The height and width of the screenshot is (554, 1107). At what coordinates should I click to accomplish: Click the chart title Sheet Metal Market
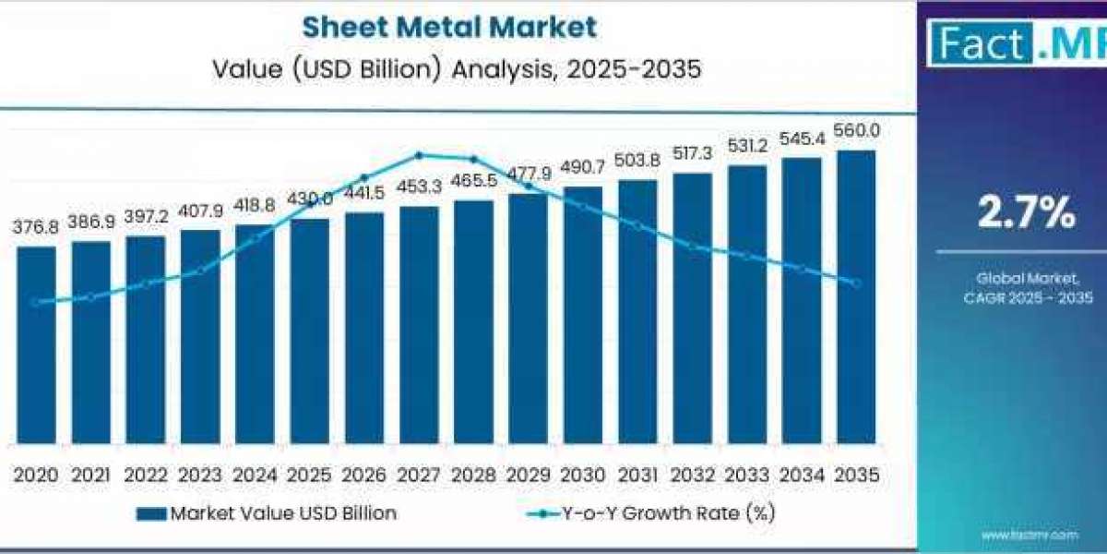[449, 27]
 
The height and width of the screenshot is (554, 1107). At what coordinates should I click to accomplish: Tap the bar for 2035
[856, 295]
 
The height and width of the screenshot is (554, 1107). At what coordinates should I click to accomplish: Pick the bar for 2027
[419, 323]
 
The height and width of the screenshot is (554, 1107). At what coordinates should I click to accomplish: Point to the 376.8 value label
[36, 227]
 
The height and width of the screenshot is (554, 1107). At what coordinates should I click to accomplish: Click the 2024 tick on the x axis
[255, 475]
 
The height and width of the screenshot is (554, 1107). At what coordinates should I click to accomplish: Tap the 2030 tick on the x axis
[583, 475]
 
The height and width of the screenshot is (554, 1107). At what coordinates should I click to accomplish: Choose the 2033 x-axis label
[747, 475]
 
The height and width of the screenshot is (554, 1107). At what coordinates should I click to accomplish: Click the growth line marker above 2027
[419, 155]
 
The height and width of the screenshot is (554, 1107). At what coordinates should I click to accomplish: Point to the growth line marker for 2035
[856, 283]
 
